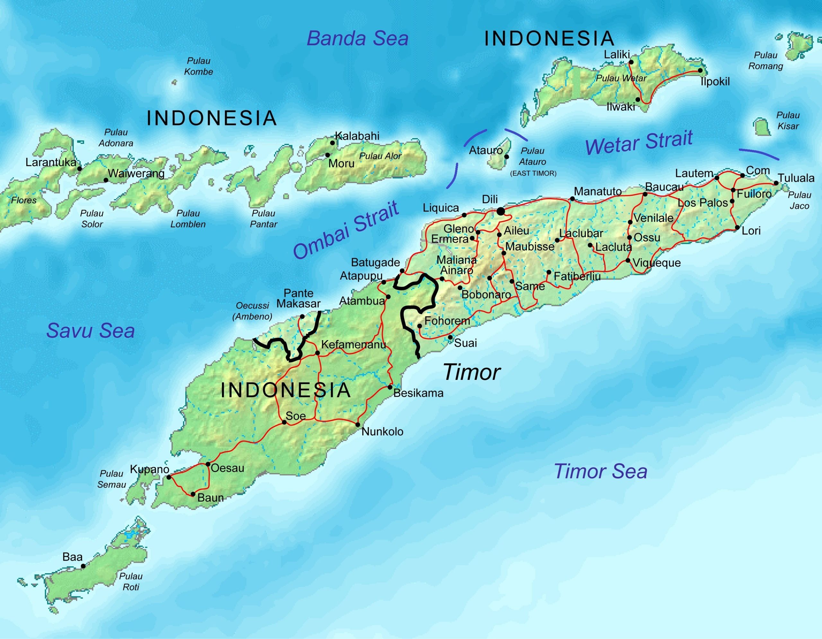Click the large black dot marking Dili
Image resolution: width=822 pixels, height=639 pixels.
[x=500, y=212]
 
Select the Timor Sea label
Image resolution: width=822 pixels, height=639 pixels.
[x=600, y=471]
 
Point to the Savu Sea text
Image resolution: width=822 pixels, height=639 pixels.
[x=90, y=331]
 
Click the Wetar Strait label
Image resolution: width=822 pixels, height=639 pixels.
[x=639, y=142]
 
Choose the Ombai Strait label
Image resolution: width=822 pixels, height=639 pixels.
[x=345, y=230]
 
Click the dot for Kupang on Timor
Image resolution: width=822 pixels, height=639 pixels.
[x=169, y=477]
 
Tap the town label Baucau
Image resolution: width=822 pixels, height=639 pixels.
[x=664, y=187]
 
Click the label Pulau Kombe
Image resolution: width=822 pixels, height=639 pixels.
[x=198, y=66]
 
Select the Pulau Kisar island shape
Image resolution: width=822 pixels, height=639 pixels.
[x=761, y=127]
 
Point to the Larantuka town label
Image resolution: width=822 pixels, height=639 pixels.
[x=51, y=162]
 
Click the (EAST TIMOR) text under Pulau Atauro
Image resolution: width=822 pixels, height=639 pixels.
[x=533, y=173]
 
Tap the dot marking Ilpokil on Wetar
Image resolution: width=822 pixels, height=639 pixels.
[x=700, y=70]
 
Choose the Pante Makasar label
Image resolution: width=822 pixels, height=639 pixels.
[x=299, y=298]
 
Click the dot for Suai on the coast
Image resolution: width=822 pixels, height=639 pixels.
[x=450, y=337]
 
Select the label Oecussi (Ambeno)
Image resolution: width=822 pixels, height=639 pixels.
[x=252, y=311]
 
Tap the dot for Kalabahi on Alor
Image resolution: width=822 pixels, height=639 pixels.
[x=332, y=143]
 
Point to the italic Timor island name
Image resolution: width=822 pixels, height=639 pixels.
[x=471, y=372]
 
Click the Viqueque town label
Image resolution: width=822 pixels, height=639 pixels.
[x=656, y=263]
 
